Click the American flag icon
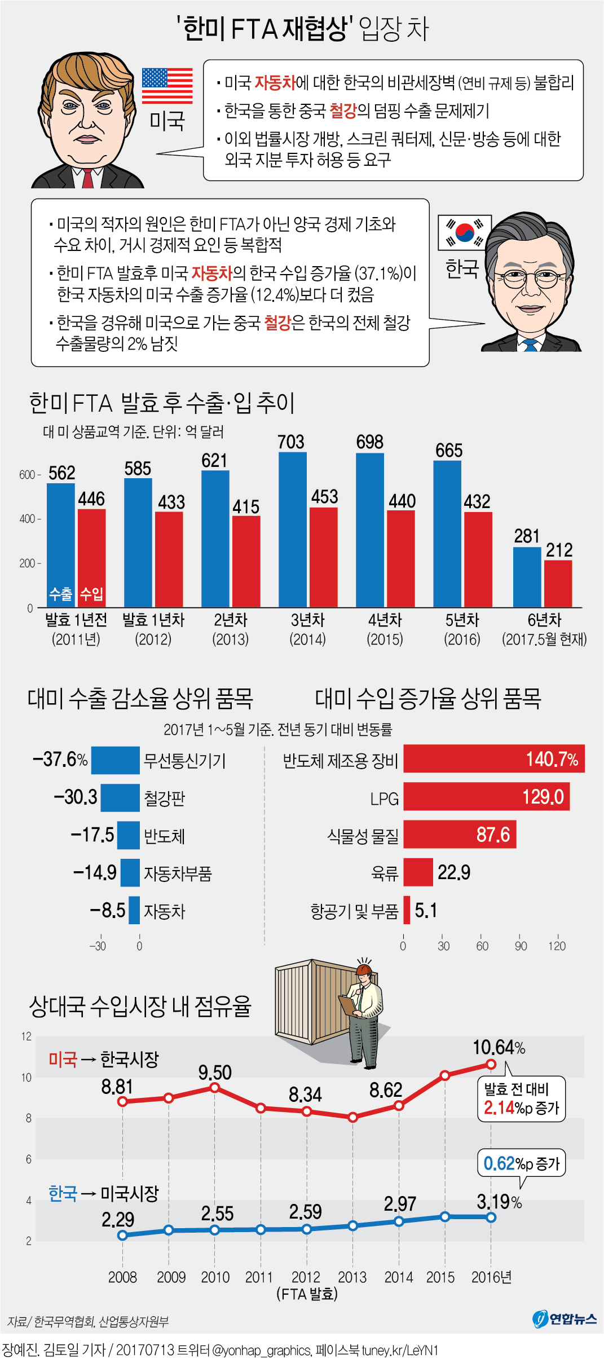pyautogui.click(x=167, y=86)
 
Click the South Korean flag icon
pyautogui.click(x=464, y=232)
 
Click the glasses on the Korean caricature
pyautogui.click(x=530, y=277)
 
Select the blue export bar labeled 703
pyautogui.click(x=293, y=530)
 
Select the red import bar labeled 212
pyautogui.click(x=558, y=584)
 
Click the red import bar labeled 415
pyautogui.click(x=246, y=561)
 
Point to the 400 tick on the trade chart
pyautogui.click(x=28, y=519)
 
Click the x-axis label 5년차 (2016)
pyautogui.click(x=462, y=629)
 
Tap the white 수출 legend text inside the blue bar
pyautogui.click(x=61, y=594)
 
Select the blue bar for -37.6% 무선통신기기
pyautogui.click(x=115, y=760)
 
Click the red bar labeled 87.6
pyautogui.click(x=459, y=835)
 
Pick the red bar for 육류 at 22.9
pyautogui.click(x=418, y=872)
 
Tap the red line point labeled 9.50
pyautogui.click(x=214, y=1087)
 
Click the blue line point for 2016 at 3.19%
pyautogui.click(x=491, y=1217)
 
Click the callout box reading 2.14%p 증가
pyautogui.click(x=521, y=1100)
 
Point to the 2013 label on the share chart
pyautogui.click(x=352, y=1277)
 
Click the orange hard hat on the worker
pyautogui.click(x=363, y=970)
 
